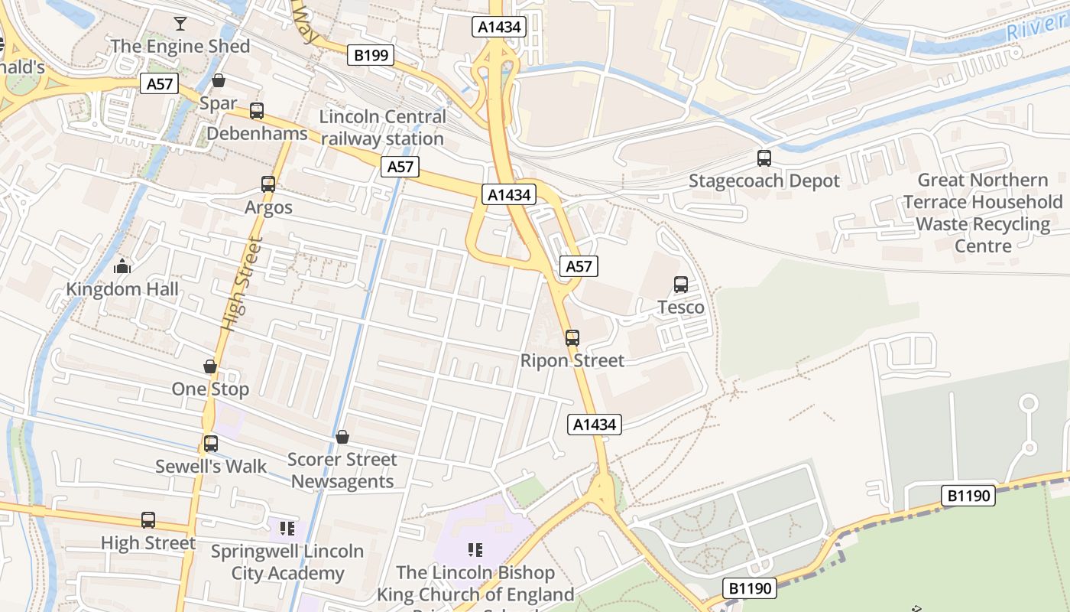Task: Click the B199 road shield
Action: (371, 55)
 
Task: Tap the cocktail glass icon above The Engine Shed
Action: (180, 24)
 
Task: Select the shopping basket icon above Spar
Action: (219, 80)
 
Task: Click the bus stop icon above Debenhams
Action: (257, 111)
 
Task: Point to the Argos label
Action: (268, 207)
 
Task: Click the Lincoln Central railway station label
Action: (382, 128)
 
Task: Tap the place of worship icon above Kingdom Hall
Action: (122, 267)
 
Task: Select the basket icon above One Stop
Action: (210, 367)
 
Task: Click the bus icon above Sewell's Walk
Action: (211, 444)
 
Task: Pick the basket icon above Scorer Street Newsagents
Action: (342, 437)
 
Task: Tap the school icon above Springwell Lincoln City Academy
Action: (287, 529)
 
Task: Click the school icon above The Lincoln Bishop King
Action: (475, 550)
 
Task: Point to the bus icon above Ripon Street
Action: (572, 338)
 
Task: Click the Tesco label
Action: (681, 308)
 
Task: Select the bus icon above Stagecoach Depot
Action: (764, 158)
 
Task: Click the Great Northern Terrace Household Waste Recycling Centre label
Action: (983, 213)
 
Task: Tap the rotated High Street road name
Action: (242, 284)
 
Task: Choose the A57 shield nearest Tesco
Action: (579, 266)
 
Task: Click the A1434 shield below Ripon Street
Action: (595, 425)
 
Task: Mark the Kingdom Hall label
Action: (122, 289)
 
